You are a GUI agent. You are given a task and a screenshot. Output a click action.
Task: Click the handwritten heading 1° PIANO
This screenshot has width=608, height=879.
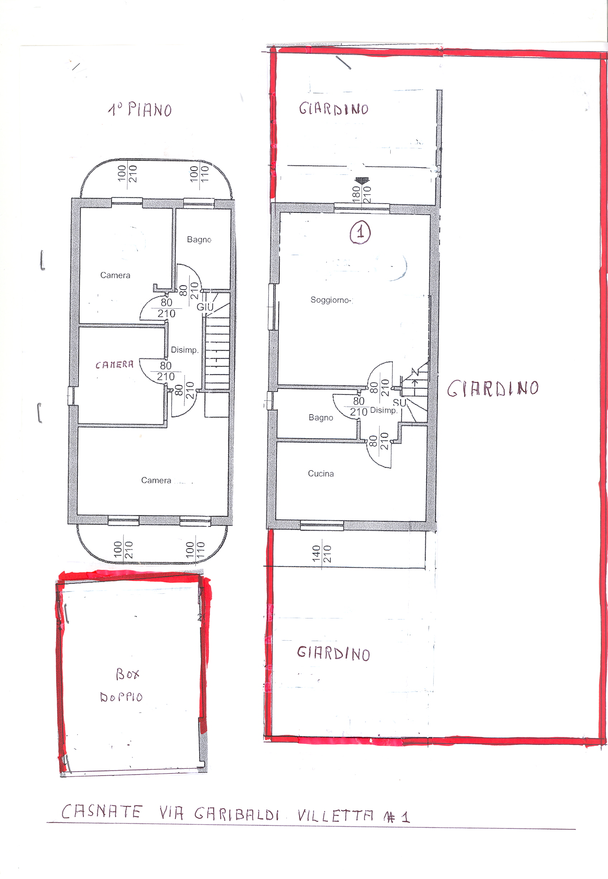[140, 109]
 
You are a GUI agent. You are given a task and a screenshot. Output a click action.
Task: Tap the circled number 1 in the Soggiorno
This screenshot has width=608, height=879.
[360, 232]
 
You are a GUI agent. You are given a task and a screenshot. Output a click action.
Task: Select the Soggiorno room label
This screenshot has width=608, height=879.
[331, 300]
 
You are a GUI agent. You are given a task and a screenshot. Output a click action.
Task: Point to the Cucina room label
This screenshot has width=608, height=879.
[321, 473]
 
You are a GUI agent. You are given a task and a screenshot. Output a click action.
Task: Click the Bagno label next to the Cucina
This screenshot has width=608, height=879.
[321, 417]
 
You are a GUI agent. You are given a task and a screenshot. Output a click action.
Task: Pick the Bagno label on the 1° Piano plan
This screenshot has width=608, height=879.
[199, 239]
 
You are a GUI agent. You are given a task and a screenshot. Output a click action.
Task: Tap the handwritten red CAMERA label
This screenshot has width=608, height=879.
[114, 365]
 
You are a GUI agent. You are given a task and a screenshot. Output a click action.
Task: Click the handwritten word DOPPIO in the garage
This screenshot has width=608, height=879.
[121, 697]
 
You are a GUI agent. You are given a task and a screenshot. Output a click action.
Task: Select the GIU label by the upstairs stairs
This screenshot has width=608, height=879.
[205, 307]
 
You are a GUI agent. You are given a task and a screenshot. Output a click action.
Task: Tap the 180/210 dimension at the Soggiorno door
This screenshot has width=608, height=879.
[361, 195]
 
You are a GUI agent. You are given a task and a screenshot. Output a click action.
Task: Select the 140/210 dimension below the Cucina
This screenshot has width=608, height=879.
[321, 554]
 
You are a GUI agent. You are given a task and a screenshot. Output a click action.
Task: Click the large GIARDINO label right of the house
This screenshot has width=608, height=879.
[492, 388]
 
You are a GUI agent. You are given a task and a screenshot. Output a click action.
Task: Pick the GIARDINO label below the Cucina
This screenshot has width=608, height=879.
[333, 653]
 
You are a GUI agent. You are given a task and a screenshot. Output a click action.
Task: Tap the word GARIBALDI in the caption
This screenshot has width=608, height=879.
[237, 813]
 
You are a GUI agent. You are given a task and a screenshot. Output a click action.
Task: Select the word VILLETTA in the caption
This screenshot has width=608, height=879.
[335, 815]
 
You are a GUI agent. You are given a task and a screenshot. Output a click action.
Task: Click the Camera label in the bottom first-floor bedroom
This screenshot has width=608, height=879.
[156, 480]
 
